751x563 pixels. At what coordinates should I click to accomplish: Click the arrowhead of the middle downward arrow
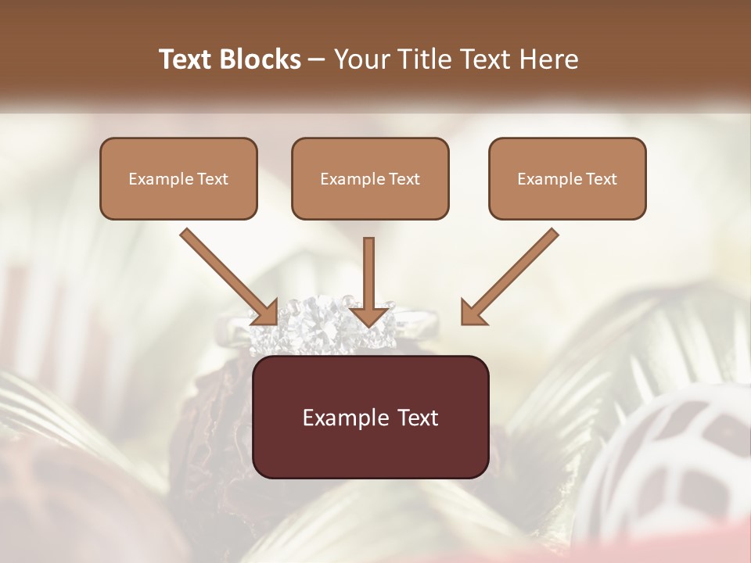369,316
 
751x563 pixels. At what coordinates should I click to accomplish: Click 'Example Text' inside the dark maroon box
370,418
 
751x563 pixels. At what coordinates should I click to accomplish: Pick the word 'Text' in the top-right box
601,179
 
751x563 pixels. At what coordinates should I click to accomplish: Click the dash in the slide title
317,60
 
